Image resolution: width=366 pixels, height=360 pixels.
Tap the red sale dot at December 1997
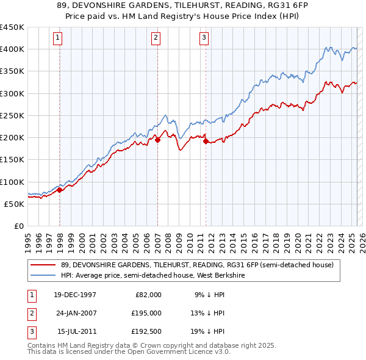60,190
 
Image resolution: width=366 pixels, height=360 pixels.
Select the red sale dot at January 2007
157,140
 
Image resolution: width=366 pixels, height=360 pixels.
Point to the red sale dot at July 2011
206,141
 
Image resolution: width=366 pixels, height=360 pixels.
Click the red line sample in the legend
43,265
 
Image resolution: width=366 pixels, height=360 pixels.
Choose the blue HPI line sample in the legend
43,275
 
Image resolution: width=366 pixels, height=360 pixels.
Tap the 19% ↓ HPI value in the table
207,331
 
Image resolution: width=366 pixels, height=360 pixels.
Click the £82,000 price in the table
148,295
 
